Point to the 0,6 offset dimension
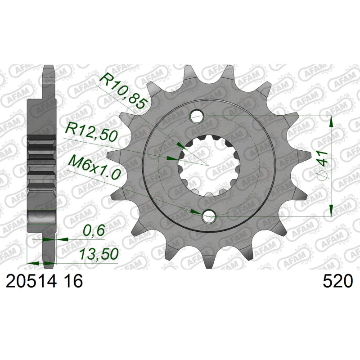pos(94,230)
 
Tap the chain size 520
pos(337,281)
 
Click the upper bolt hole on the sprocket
pos(197,116)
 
